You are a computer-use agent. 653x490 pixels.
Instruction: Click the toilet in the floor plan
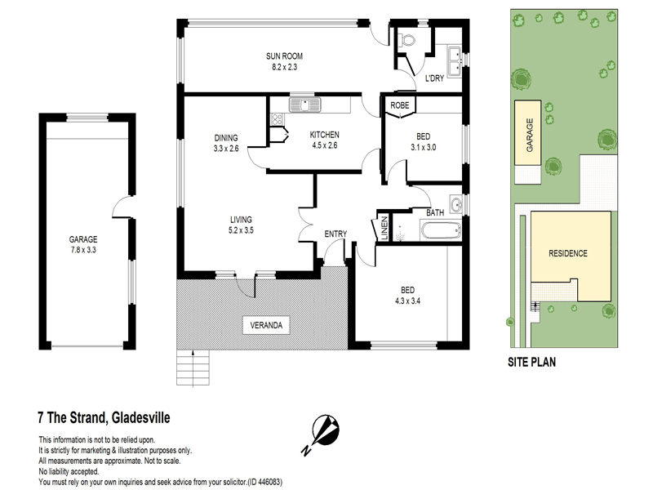406,40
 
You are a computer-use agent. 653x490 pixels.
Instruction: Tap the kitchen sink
304,105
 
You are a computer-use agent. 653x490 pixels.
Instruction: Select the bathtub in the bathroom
440,231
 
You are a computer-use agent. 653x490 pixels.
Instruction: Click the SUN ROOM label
284,56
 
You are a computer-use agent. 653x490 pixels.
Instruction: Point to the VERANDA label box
266,325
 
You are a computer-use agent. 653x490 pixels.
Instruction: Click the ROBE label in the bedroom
400,105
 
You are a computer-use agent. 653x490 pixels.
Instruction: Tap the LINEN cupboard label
384,228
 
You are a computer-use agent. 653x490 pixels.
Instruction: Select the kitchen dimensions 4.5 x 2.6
324,145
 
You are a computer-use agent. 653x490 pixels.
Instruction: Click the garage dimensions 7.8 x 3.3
83,250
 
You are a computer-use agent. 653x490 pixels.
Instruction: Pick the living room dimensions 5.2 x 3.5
241,230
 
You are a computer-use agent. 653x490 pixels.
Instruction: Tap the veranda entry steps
193,367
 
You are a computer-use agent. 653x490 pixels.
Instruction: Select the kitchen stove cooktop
277,119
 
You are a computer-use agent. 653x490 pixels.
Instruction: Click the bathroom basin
456,205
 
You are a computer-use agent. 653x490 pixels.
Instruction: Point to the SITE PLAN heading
531,362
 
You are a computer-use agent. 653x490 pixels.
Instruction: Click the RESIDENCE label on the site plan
567,253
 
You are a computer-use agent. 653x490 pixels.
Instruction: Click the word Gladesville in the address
140,417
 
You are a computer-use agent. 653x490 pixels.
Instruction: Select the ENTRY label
335,234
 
